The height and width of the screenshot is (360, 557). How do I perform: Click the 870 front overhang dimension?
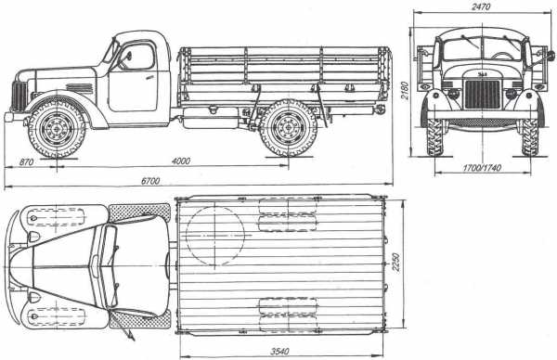26,162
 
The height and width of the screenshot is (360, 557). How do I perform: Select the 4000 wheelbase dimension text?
181,161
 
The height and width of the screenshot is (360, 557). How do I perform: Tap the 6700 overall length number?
150,181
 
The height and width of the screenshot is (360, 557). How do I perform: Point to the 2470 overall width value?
481,6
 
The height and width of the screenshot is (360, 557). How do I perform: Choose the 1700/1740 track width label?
482,168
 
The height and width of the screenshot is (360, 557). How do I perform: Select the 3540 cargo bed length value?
279,352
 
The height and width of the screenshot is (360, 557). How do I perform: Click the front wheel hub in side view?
57,128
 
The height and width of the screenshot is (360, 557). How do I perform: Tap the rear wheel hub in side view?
289,127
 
